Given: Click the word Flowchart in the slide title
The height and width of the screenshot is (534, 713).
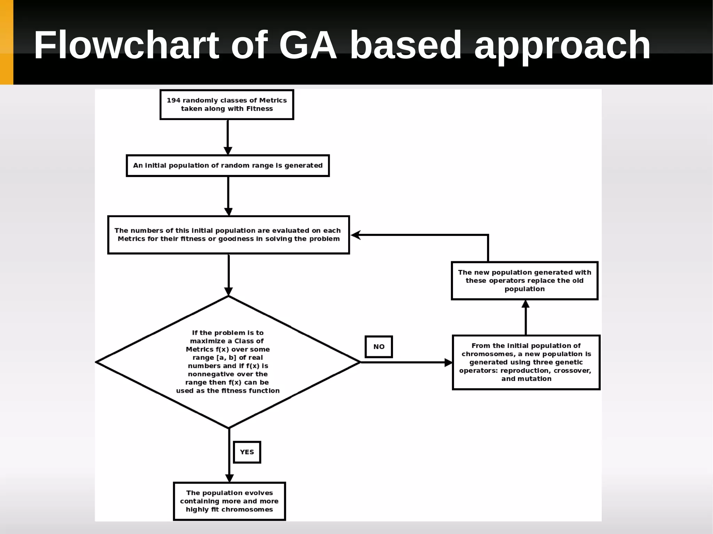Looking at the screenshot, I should [126, 45].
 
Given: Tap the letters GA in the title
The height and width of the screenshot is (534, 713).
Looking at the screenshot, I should [308, 45].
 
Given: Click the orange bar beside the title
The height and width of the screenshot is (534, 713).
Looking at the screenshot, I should [6, 42].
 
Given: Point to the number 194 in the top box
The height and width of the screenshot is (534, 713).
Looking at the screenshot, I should [173, 101].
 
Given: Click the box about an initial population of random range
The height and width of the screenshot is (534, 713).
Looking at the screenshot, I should [228, 166].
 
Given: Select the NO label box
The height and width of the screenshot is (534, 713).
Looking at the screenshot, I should [379, 347].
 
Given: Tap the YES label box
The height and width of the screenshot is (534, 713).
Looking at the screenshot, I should [247, 452].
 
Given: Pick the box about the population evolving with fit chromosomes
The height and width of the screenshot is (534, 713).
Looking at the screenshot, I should [229, 501].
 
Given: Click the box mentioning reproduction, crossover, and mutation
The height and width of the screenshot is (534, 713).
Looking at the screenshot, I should [526, 362].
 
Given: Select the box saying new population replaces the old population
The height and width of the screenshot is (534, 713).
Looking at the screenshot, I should [524, 281].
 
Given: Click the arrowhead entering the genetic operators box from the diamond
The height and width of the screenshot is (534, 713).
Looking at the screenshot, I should [448, 362].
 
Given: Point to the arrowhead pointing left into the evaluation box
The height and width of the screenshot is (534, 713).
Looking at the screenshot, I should [355, 235].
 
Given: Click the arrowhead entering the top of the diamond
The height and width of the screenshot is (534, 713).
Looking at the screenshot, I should [228, 292].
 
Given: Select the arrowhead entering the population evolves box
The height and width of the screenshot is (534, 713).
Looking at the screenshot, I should [229, 478].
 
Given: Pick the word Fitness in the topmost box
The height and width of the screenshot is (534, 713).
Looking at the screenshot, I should [259, 109].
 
